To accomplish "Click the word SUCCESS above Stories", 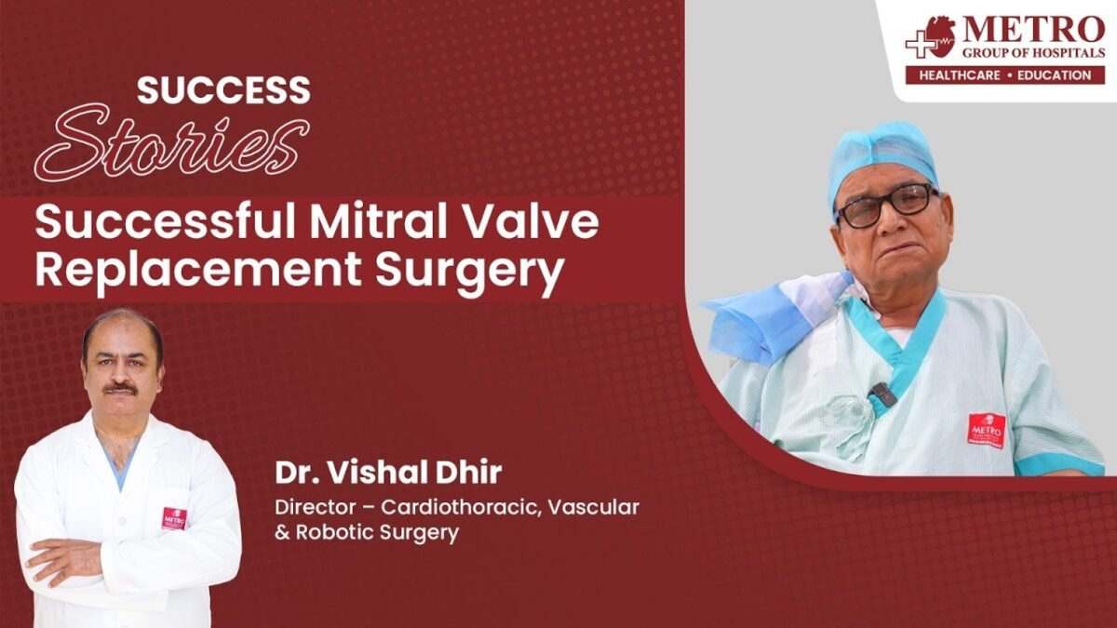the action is pos(223,90).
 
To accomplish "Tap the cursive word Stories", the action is pos(172,143).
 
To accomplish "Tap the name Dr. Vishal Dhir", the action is pos(388,473).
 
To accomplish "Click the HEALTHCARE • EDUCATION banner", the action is pos(1004,75).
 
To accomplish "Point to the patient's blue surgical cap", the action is pos(881,158).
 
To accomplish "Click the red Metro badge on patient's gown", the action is pos(987,431).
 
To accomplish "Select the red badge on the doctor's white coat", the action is pos(174,518).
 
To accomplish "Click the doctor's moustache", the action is pos(121,387).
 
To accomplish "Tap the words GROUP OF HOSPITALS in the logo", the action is pos(1033,53).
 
